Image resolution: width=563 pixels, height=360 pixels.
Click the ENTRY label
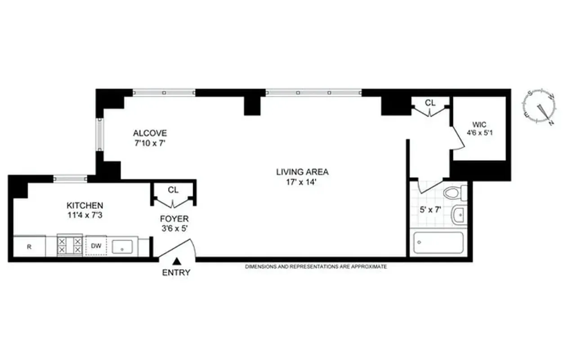(x=176, y=272)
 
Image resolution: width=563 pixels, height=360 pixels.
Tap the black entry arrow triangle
(x=177, y=261)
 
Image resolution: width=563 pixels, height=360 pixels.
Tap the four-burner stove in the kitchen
(x=70, y=246)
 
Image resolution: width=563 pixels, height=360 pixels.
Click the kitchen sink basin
(x=121, y=247)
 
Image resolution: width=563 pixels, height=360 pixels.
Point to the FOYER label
(x=174, y=219)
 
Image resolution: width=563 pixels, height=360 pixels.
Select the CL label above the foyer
(x=173, y=190)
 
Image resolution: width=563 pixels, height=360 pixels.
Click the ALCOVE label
(x=150, y=133)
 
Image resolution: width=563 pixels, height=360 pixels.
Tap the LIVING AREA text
(x=302, y=172)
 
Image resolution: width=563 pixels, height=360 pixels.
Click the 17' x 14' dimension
(x=302, y=182)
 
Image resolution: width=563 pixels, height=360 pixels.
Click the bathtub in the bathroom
(x=438, y=243)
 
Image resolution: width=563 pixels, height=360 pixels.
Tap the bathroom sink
(x=459, y=215)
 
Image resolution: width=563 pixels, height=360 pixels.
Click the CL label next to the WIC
(x=430, y=103)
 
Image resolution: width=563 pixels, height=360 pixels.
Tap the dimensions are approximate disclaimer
(x=316, y=267)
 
